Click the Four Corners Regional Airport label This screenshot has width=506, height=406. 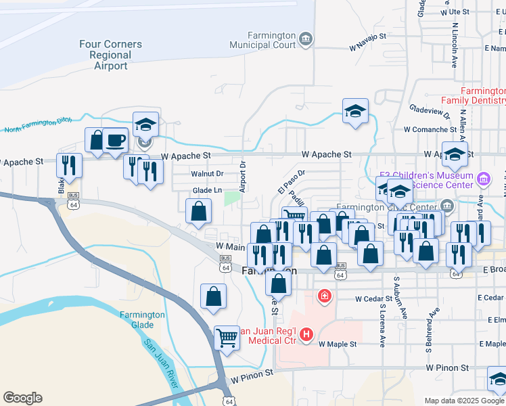[x=110, y=55]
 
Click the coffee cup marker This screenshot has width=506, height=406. [x=114, y=141]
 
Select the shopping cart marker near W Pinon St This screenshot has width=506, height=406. [x=227, y=338]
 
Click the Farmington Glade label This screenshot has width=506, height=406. [x=142, y=319]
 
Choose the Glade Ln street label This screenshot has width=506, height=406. [x=208, y=191]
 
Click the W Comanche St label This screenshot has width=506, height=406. [x=430, y=129]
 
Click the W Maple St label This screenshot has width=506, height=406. [x=337, y=344]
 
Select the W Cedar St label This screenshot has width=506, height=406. [x=374, y=298]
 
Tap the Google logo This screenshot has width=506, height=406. [x=22, y=398]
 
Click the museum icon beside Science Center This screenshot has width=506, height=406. [x=483, y=179]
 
